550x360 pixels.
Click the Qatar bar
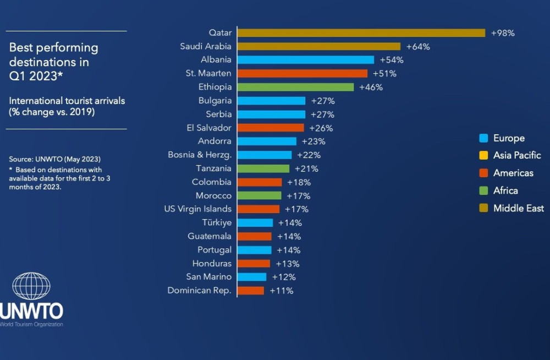pos(361,33)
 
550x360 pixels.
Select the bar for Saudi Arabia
pos(319,46)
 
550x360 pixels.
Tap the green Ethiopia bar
pos(296,87)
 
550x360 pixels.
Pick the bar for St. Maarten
pos(302,73)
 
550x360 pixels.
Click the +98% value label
pos(503,33)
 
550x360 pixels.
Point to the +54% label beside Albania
pos(392,60)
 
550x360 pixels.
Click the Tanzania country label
pos(214,168)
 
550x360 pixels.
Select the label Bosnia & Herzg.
pos(200,155)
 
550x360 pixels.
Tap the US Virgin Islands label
pos(198,209)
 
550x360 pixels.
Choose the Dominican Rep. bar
pos(251,291)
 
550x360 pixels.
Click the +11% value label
pos(282,291)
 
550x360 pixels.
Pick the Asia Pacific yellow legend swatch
pos(483,156)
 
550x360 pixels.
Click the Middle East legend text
pos(518,208)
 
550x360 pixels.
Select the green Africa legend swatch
pos(483,190)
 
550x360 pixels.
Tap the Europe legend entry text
pos(509,138)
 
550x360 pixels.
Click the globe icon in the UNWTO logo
pos(31,286)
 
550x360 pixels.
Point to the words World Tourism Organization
pos(31,324)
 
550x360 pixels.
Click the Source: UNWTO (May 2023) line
pos(54,159)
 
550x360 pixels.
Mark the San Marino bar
pos(252,277)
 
